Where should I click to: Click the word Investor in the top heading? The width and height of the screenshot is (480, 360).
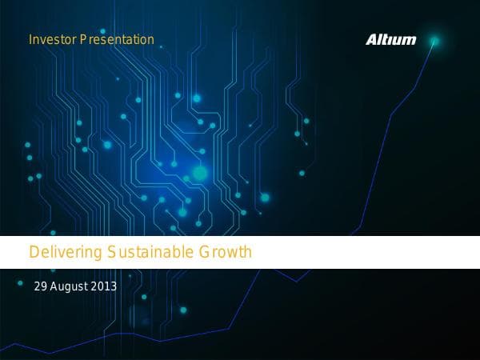tap(52, 39)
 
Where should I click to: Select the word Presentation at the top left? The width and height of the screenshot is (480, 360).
tap(117, 39)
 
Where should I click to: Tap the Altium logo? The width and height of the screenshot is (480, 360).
tap(391, 39)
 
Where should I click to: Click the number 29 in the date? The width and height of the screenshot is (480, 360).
tap(41, 286)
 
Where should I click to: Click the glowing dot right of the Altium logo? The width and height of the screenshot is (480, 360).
tap(434, 40)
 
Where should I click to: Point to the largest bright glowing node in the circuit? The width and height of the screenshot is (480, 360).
tap(199, 172)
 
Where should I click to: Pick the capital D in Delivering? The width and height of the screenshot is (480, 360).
tap(34, 253)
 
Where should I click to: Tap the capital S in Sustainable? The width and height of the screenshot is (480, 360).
tap(110, 253)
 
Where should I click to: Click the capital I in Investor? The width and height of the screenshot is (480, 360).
tap(30, 39)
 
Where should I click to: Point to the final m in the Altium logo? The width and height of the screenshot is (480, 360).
tap(410, 40)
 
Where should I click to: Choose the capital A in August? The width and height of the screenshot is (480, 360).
tap(54, 286)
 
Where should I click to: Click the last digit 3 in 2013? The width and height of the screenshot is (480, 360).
tap(114, 286)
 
